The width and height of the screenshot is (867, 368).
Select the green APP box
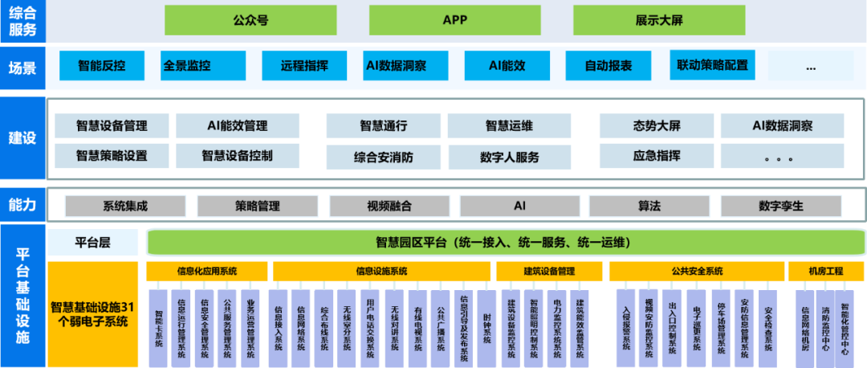[x=454, y=20]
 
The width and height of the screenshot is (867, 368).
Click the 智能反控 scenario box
[x=101, y=66]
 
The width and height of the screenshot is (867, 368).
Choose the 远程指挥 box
[x=304, y=66]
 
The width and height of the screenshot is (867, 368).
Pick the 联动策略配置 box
[x=712, y=65]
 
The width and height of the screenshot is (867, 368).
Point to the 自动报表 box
[x=608, y=66]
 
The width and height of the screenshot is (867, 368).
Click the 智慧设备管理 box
[x=112, y=126]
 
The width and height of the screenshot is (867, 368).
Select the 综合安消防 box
[x=383, y=157]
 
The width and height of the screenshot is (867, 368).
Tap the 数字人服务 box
[x=510, y=157]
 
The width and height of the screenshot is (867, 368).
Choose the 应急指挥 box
[x=657, y=156]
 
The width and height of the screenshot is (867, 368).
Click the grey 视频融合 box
[x=389, y=206]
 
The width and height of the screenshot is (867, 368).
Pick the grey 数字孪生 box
[x=780, y=206]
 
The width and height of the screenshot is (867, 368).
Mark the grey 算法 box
[x=649, y=206]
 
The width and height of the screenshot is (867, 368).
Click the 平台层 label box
[x=92, y=242]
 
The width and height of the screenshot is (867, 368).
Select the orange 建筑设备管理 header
[x=549, y=272]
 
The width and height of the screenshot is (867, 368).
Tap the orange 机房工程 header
[x=826, y=272]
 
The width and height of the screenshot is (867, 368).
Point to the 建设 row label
[x=22, y=137]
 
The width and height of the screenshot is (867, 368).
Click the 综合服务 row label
[x=22, y=21]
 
